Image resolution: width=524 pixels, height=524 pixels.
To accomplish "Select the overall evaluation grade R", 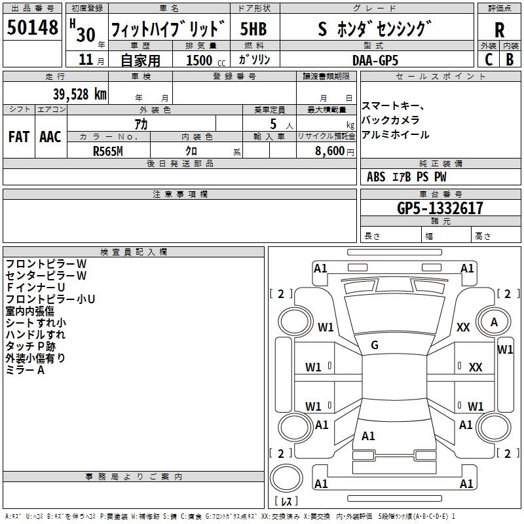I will pos(499,29).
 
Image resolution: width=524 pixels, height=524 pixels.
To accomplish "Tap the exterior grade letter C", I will pos(488,59).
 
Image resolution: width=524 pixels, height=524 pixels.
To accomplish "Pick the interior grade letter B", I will pos(510,59).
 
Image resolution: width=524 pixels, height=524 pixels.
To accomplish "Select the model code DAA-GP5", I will pos(375,60).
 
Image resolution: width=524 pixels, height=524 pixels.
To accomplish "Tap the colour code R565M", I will pos(108,150).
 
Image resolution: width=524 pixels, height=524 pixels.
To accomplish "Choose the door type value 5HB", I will pos(253,29).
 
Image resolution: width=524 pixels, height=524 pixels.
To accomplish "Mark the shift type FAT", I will pos(18,136).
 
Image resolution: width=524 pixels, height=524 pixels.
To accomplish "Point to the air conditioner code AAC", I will pos(50,136).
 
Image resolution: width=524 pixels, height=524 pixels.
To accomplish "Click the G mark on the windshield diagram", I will pos(375,345).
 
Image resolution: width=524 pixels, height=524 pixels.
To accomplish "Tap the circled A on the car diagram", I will pos(494,322).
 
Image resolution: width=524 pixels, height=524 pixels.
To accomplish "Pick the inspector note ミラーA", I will pos(25,370).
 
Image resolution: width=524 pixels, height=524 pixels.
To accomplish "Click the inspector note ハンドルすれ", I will pos(35,334).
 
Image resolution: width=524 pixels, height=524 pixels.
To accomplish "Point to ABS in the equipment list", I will pos(376,177).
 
